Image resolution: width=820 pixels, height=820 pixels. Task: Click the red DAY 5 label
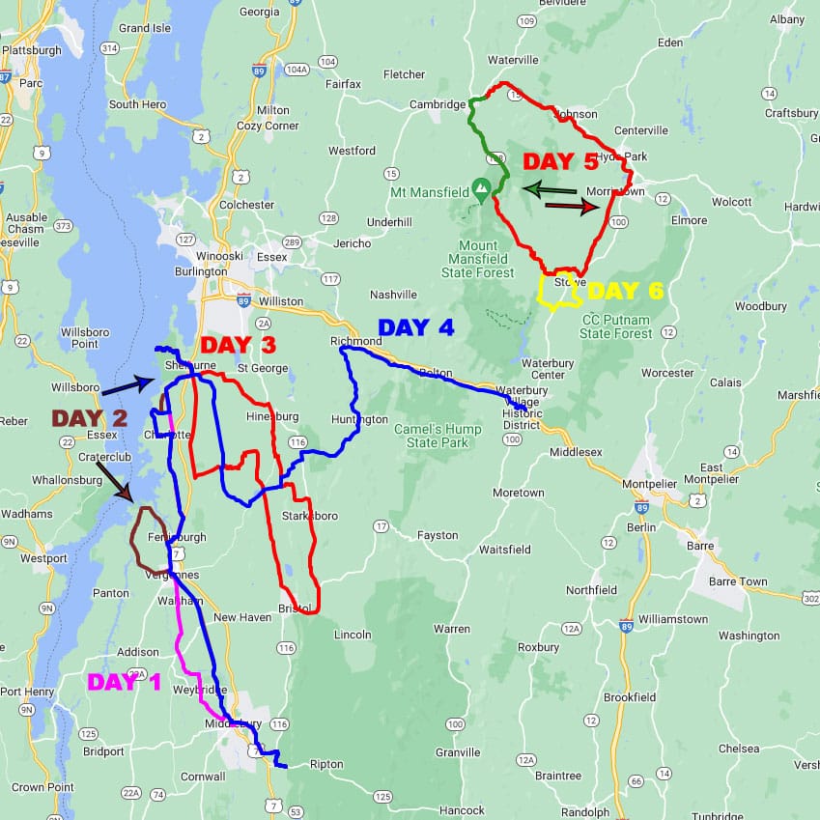pyautogui.click(x=561, y=161)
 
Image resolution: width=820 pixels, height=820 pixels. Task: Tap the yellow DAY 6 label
pyautogui.click(x=627, y=291)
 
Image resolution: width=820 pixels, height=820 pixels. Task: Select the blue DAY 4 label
pyautogui.click(x=415, y=327)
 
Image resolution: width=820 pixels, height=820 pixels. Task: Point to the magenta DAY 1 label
pyautogui.click(x=125, y=682)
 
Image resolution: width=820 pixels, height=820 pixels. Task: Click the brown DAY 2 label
pyautogui.click(x=90, y=418)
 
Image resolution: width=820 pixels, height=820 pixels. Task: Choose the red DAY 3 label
pyautogui.click(x=238, y=345)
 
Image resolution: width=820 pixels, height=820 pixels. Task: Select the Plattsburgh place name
pyautogui.click(x=32, y=50)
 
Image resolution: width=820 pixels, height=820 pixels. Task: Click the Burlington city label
pyautogui.click(x=200, y=271)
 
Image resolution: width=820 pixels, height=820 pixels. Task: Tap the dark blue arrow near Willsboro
pyautogui.click(x=127, y=386)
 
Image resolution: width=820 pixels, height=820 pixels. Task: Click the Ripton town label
pyautogui.click(x=325, y=764)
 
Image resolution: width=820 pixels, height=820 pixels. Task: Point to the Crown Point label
pyautogui.click(x=42, y=787)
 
